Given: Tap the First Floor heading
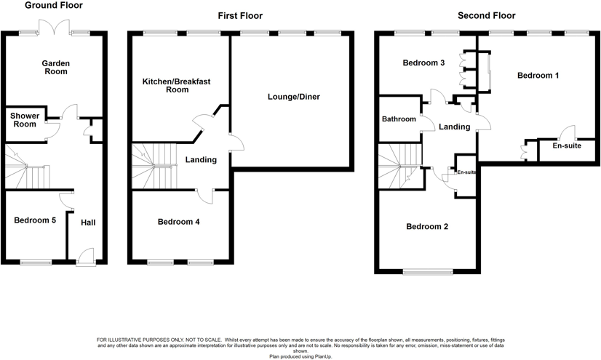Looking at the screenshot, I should [240, 15].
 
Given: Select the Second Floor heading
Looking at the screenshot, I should [486, 15].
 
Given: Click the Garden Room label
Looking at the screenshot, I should [55, 67].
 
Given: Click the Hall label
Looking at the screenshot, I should [87, 223].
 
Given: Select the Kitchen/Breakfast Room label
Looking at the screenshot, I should [176, 86].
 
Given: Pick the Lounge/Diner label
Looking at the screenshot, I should [293, 97].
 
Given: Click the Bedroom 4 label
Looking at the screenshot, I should [178, 222].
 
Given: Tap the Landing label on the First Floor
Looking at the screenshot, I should [201, 160].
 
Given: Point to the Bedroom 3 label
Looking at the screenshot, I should [423, 63].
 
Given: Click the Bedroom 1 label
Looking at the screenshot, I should [538, 75].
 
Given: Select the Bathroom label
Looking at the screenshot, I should [399, 119].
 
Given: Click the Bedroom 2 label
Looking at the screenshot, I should [426, 227].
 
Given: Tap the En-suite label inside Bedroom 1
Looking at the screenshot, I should [567, 146].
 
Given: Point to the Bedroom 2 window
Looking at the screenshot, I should [428, 273].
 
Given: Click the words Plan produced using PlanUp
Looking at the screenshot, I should [300, 356].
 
